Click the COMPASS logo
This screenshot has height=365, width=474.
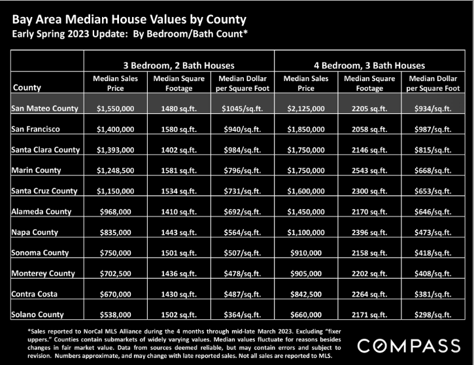409,345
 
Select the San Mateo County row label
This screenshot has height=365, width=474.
44,109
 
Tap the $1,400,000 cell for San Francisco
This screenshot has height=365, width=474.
116,130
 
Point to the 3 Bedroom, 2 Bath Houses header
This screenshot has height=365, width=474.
179,65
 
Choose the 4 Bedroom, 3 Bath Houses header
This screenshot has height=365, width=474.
369,65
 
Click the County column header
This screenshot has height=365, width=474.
27,88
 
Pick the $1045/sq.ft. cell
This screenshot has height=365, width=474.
243,109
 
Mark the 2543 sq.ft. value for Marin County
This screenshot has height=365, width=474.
369,171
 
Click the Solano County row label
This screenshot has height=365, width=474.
37,315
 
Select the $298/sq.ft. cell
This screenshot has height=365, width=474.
433,315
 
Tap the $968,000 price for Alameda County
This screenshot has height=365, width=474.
116,212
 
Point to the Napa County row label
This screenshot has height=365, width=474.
35,232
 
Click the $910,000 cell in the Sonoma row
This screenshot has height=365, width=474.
306,252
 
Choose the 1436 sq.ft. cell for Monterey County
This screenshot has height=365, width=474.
179,273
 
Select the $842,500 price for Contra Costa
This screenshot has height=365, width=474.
306,294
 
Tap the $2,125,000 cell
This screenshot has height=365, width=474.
306,109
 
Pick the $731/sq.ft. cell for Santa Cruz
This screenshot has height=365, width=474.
243,191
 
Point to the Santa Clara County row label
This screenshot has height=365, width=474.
46,150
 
